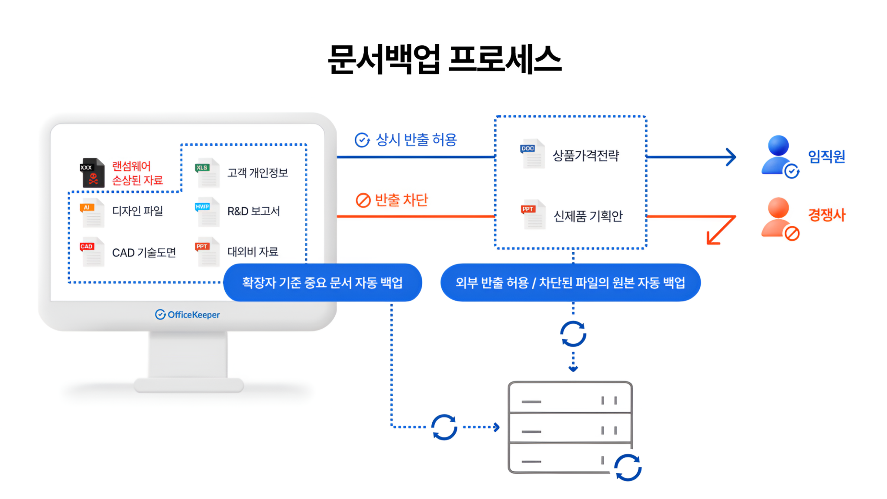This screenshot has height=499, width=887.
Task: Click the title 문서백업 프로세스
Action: (x=444, y=59)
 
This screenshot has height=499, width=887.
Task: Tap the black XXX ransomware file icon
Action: (x=92, y=173)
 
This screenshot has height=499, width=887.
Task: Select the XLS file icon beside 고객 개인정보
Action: (x=207, y=173)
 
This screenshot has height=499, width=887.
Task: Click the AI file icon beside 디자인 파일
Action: (x=92, y=212)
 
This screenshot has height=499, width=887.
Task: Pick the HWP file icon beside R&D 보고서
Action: (x=207, y=212)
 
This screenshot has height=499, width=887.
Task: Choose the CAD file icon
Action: (x=92, y=252)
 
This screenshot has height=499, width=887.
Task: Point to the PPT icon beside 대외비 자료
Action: (x=207, y=252)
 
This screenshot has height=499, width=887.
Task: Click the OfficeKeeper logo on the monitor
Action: (x=188, y=314)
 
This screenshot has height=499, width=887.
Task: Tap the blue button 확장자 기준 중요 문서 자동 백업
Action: (x=322, y=283)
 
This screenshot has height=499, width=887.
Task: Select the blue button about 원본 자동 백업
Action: (x=570, y=283)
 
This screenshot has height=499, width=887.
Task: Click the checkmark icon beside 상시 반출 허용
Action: (x=362, y=140)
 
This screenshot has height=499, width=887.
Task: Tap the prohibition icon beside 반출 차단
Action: (x=363, y=200)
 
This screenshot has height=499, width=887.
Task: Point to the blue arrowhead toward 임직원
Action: (x=731, y=157)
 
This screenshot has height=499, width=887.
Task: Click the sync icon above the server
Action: (x=573, y=334)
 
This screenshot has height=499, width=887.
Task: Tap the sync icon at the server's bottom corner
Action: (x=628, y=467)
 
